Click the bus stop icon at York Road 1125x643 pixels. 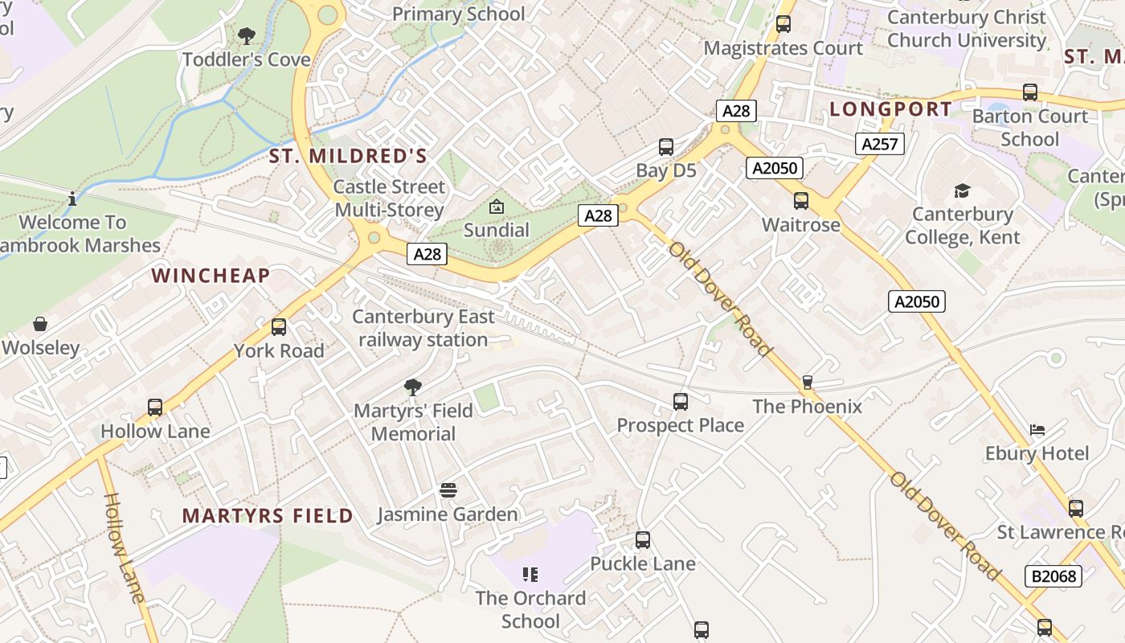coord(279,327)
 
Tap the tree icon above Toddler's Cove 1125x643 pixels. coord(246,36)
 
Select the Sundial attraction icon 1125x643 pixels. coord(497,207)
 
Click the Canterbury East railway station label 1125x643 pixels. coord(423,328)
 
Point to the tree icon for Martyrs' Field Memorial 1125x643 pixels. coord(413,387)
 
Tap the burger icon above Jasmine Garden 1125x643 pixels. coord(448,490)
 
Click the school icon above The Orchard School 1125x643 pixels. coord(530,574)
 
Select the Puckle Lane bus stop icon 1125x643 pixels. coord(643,540)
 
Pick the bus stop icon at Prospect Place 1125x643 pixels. coord(681,401)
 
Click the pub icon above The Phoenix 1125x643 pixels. coord(808,383)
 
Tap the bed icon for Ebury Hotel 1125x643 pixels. coord(1037,430)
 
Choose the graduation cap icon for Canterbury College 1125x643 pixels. coord(962,190)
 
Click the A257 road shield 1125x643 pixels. coord(880,144)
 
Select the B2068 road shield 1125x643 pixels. coord(1053,575)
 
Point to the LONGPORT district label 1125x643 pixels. coord(890,109)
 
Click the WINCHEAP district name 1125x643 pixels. coord(211,276)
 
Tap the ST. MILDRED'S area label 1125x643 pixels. coord(348,156)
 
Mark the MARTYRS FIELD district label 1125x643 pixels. coord(268,516)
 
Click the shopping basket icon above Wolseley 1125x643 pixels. coord(40,325)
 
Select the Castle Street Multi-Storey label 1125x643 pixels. coord(389,199)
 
